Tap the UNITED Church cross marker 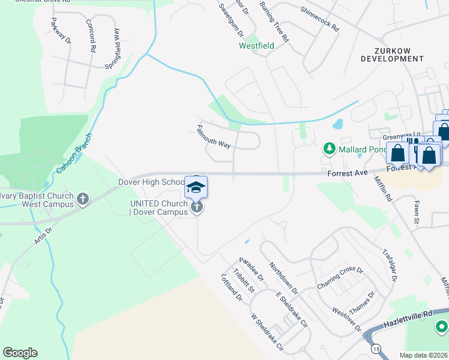[196, 208]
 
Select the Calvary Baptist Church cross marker [83, 198]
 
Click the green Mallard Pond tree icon [329, 148]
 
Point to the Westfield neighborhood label [256, 46]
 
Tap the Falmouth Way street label [214, 137]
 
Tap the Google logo [20, 353]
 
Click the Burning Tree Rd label [274, 22]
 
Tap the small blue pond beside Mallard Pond [337, 124]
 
